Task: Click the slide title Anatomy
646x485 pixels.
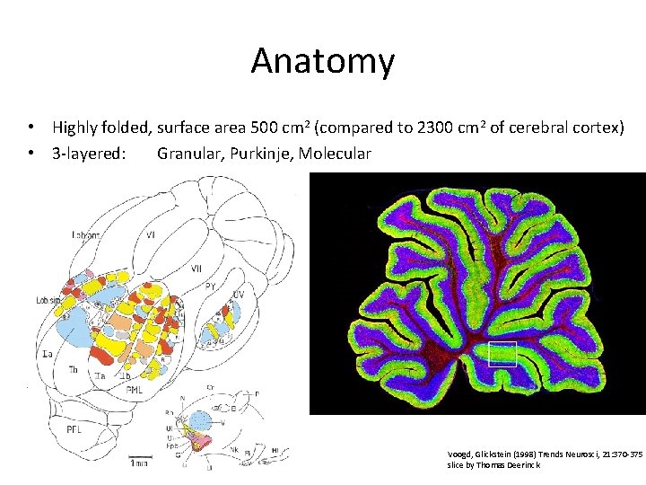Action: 322,61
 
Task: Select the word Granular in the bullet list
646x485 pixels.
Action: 189,154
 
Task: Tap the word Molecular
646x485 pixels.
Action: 335,154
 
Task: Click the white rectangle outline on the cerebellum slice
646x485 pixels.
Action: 503,355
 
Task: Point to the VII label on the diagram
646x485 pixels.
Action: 196,268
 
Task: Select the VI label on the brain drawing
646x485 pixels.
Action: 151,234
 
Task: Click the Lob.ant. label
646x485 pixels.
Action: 88,234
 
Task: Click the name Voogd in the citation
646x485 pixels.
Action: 459,454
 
